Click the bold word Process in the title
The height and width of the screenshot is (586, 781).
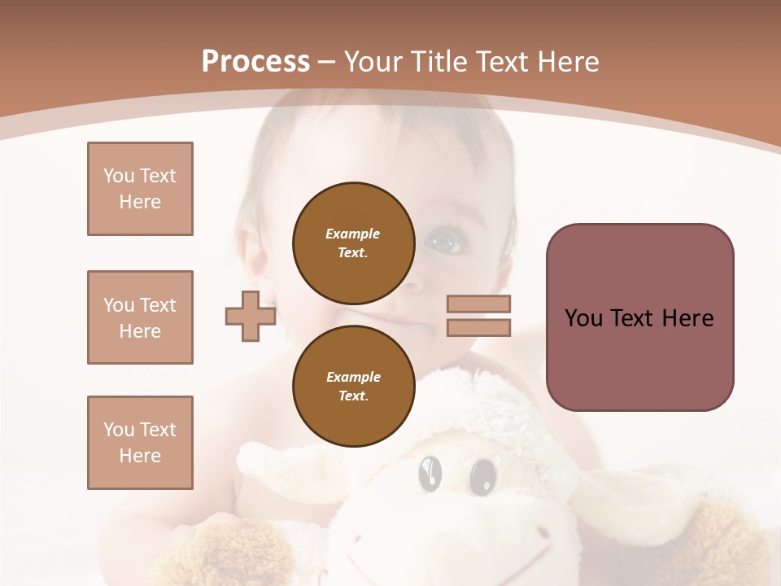[255, 62]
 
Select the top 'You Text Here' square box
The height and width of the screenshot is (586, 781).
[140, 189]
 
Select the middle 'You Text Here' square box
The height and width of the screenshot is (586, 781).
[140, 317]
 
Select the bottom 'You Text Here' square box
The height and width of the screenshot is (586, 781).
[140, 443]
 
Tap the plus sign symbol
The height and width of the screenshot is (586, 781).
[250, 316]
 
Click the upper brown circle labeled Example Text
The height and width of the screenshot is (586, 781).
[353, 243]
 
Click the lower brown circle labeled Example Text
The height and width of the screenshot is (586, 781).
[353, 386]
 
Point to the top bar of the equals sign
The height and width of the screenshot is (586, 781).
[478, 304]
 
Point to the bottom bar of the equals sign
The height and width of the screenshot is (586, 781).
[478, 327]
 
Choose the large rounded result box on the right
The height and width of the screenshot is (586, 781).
[639, 317]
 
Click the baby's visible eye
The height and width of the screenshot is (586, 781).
[443, 240]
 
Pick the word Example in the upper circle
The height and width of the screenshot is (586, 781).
[353, 234]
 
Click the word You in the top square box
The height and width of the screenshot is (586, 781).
[118, 176]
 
